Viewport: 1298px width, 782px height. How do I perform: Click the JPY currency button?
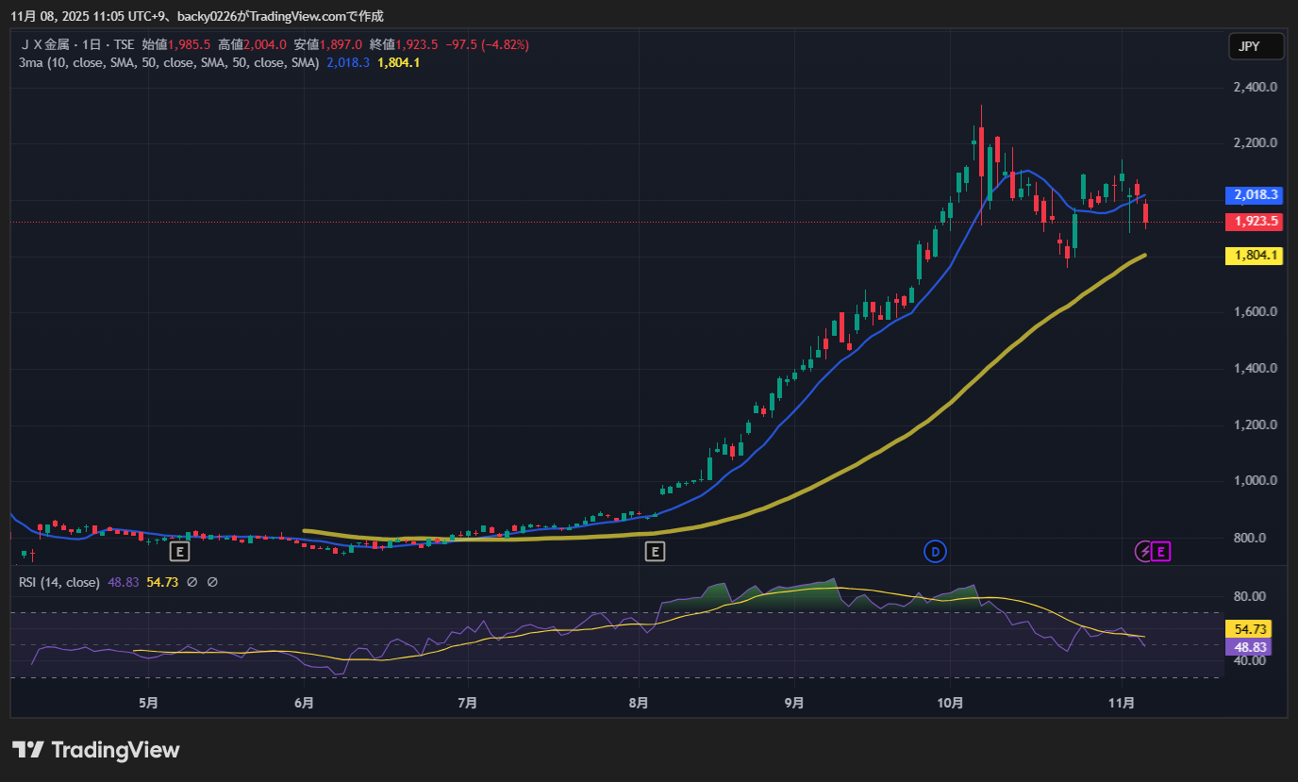click(1256, 46)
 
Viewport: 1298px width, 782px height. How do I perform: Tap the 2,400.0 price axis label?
click(1255, 88)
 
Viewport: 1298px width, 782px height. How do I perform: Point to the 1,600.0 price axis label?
click(1255, 312)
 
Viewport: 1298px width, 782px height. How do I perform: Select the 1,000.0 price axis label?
click(1255, 481)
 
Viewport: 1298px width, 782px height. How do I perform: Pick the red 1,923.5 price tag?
click(1254, 222)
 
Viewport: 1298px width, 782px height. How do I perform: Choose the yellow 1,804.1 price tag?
click(1254, 255)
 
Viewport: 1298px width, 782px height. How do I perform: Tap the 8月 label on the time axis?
click(639, 703)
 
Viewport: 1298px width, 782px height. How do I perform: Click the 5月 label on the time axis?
click(148, 703)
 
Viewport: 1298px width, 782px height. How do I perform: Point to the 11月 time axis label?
click(1122, 703)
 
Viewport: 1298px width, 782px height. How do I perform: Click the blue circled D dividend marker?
click(935, 551)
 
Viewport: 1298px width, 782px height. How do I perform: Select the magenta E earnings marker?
click(1161, 551)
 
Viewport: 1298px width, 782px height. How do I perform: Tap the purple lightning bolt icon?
click(1143, 551)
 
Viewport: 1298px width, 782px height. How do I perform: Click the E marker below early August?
click(654, 551)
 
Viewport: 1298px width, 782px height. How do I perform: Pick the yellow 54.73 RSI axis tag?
click(1247, 629)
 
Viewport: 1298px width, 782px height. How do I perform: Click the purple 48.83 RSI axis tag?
click(1247, 647)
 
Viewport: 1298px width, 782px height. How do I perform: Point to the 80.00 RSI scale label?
click(1250, 596)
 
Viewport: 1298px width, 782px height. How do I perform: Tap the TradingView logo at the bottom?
click(96, 750)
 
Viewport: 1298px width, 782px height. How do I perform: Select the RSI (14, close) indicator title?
click(58, 582)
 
